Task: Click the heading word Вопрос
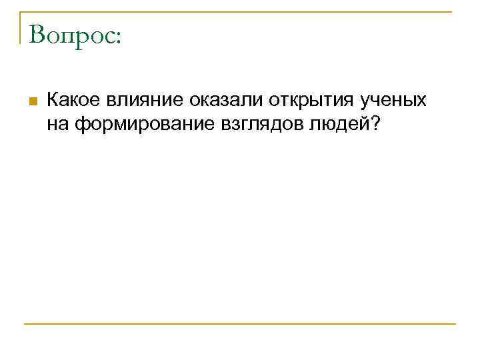pos(72,35)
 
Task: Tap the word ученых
pos(393,101)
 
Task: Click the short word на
pos(58,123)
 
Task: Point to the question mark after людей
pos(371,123)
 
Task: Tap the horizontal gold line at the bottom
pos(240,325)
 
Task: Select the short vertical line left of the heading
pos(20,27)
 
